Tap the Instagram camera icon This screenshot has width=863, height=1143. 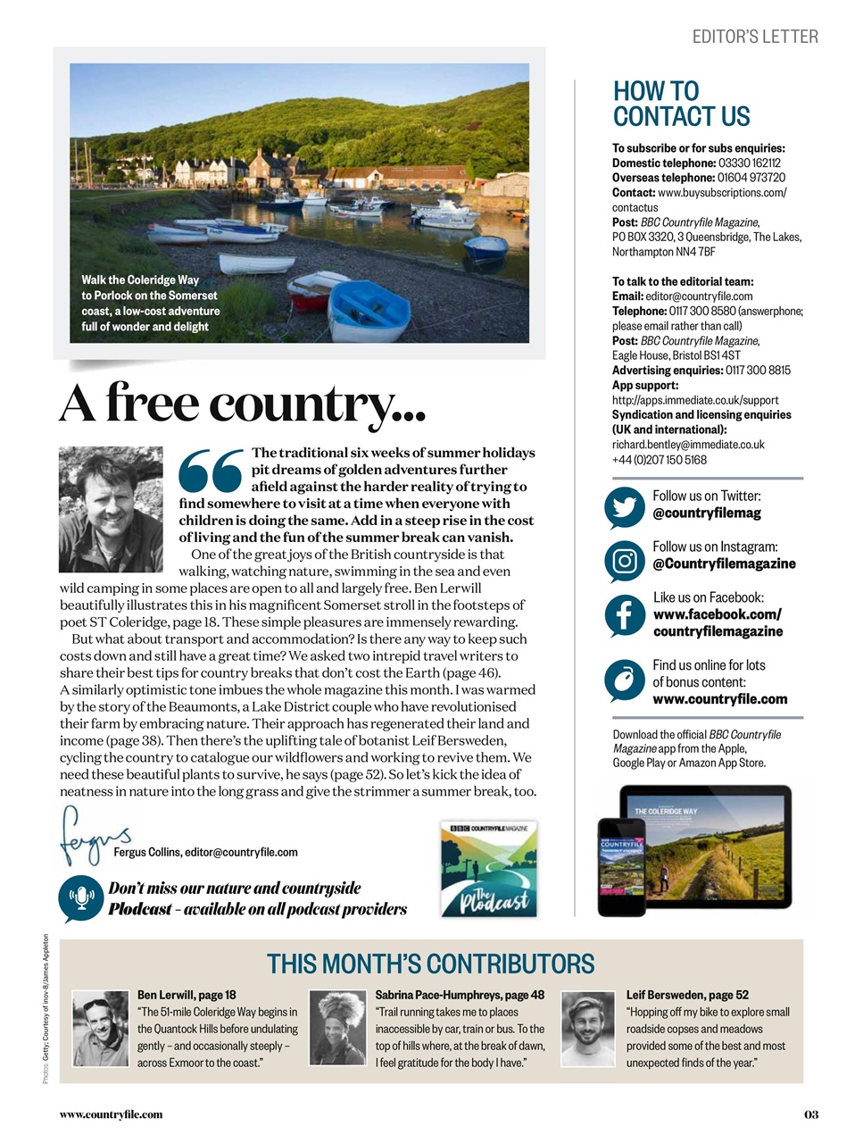(625, 561)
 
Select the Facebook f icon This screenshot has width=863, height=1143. (625, 615)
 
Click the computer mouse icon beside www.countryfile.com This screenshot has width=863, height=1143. (625, 680)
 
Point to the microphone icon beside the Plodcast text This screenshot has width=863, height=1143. (81, 898)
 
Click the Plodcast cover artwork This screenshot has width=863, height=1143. (489, 868)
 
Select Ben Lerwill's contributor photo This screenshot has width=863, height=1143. (101, 1029)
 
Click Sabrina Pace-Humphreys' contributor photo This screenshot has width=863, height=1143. (337, 1029)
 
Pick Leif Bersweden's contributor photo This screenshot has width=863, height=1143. (589, 1029)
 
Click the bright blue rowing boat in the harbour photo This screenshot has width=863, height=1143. (369, 309)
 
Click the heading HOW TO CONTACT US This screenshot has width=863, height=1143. (681, 104)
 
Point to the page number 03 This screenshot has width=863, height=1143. (810, 1114)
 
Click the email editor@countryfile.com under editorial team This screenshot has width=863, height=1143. (699, 296)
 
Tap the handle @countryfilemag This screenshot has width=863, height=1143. (706, 513)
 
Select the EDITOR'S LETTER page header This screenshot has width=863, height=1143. (755, 37)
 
